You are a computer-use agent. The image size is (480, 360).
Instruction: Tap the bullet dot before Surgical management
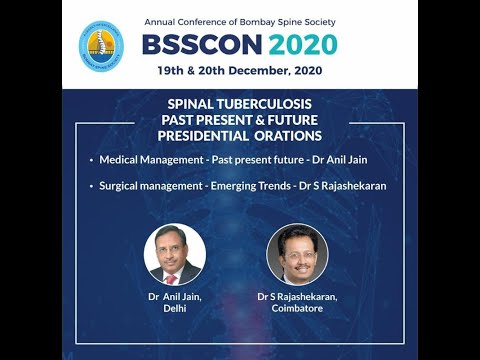point(91,186)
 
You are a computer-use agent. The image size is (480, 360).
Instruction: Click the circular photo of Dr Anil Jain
point(174,254)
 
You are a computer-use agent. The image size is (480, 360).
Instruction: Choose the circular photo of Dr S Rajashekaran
point(297,254)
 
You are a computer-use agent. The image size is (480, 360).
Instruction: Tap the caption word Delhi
point(175,308)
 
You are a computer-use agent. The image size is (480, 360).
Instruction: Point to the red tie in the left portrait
point(175,272)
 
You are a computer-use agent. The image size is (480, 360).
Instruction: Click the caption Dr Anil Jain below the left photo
point(176,296)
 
